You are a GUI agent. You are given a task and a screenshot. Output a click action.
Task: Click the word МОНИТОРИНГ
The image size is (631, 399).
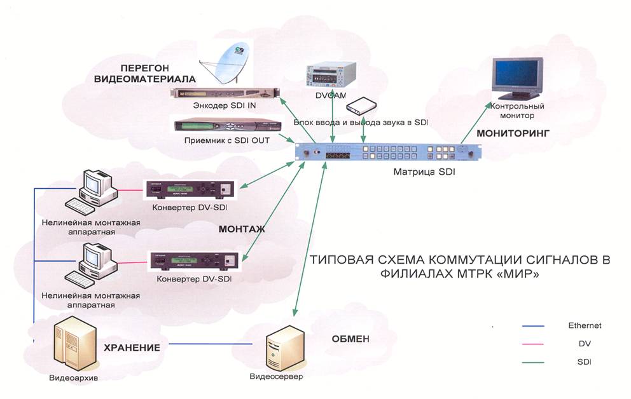513,134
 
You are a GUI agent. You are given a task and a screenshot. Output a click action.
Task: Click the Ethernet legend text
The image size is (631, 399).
585,325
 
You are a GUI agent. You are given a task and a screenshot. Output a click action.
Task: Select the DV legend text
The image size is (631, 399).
585,343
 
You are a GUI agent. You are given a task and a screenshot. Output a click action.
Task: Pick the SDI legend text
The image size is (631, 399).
585,362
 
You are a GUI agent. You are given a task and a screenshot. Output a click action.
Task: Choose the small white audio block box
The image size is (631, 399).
363,105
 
